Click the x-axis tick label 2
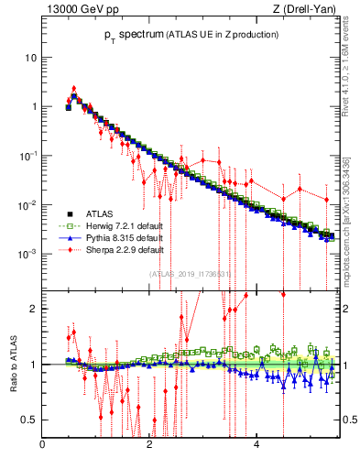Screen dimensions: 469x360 click(x=149, y=446)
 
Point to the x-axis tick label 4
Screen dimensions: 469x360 click(x=256, y=446)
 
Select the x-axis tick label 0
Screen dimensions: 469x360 click(x=43, y=446)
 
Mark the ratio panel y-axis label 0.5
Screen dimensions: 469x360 click(x=29, y=420)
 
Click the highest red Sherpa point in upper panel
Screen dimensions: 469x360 click(x=74, y=89)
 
